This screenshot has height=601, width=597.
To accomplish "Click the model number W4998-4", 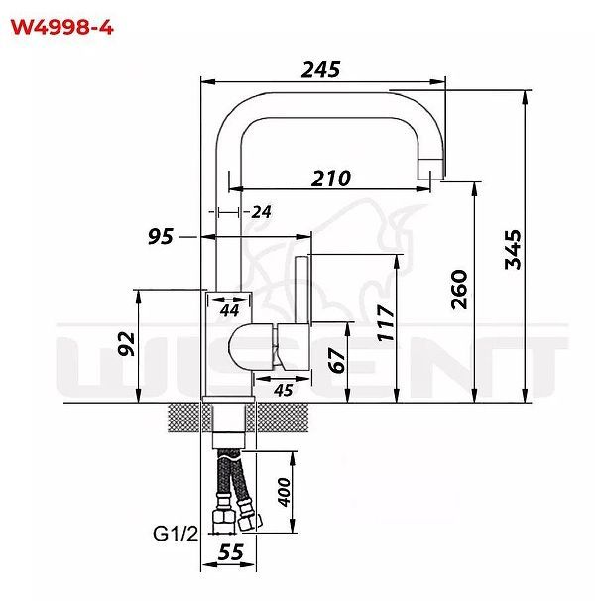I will [x=61, y=27].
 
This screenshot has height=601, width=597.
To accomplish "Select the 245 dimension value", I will [x=320, y=69].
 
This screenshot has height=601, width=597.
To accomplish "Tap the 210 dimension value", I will [x=332, y=178].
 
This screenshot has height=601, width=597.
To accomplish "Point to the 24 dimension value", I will [x=262, y=211].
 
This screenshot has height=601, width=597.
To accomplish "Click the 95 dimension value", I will [x=161, y=236].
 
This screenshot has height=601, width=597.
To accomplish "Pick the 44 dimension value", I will [x=229, y=310].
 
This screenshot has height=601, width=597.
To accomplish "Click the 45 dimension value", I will [x=283, y=390].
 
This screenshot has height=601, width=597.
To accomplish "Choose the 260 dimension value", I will [x=459, y=290].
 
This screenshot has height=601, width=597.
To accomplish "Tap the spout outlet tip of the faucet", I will [x=432, y=173].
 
